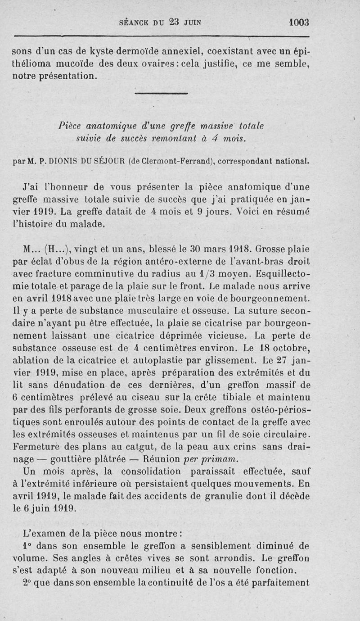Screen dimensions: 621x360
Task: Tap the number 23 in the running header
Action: (168, 22)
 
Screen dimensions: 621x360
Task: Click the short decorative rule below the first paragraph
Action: (161, 94)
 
